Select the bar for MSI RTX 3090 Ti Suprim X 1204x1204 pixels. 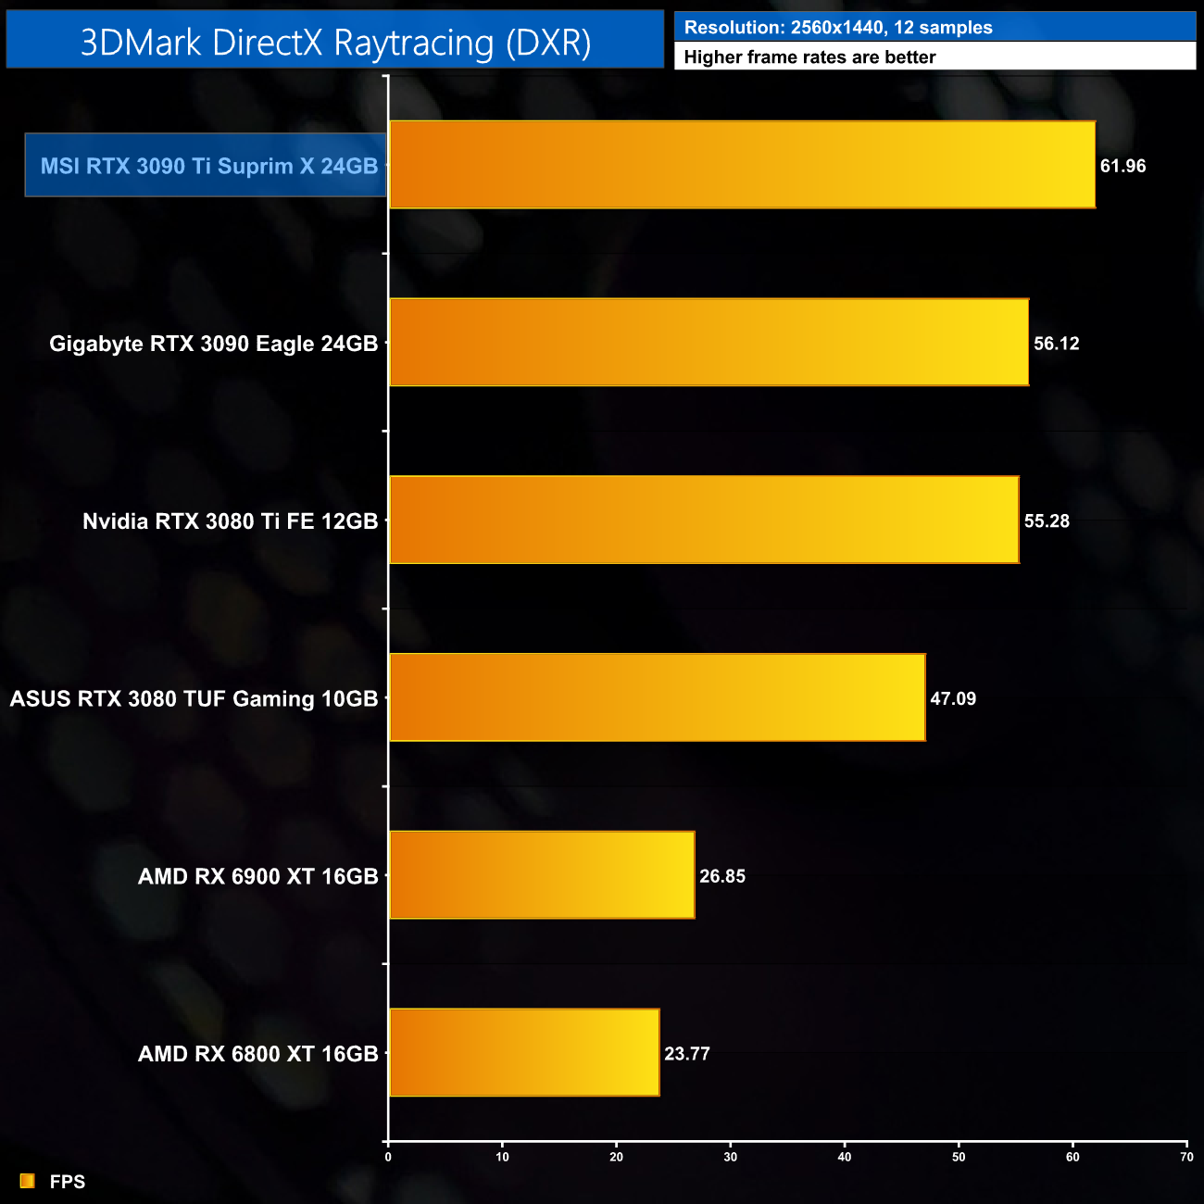pos(742,165)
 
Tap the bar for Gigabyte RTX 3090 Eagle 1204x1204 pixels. pos(709,343)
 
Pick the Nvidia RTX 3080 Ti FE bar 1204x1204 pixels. pos(704,520)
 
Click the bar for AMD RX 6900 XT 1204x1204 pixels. pos(542,875)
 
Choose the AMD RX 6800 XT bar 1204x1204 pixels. pos(524,1053)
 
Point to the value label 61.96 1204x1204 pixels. pos(1122,167)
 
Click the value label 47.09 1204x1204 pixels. pos(953,699)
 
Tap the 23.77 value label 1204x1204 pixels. pos(687,1054)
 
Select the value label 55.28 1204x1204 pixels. pos(1047,521)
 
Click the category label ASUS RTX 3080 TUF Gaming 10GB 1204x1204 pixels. pos(194,699)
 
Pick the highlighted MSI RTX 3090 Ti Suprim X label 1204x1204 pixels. pos(208,166)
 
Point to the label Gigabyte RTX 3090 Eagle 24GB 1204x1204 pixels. pos(213,344)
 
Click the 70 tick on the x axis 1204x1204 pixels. pos(1186,1157)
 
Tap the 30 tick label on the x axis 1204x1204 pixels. pos(731,1157)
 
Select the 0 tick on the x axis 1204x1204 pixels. pos(388,1157)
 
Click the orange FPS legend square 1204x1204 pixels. pos(28,1181)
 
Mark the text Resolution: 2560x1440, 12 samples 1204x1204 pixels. pos(838,28)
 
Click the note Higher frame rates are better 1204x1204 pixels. pos(809,57)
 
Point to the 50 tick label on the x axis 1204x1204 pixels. pos(959,1157)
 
